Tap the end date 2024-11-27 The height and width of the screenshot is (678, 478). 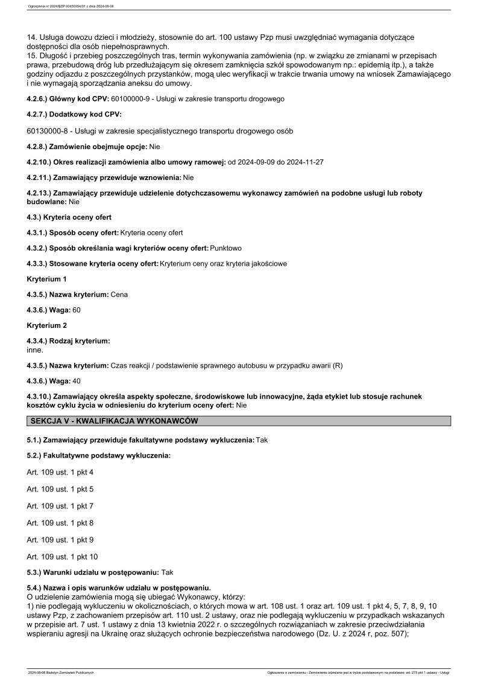[303, 162]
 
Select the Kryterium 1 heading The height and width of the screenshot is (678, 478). [47, 279]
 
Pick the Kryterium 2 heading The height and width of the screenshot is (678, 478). [47, 325]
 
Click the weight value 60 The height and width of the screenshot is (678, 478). [77, 310]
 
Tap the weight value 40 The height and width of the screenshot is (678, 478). [77, 381]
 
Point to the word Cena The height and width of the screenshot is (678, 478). [119, 295]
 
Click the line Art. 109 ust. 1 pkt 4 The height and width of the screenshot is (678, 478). [60, 472]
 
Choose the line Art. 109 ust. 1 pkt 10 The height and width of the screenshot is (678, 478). [62, 557]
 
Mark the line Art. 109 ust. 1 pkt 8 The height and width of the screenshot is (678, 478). [60, 523]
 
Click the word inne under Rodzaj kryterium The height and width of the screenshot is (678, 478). [36, 350]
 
